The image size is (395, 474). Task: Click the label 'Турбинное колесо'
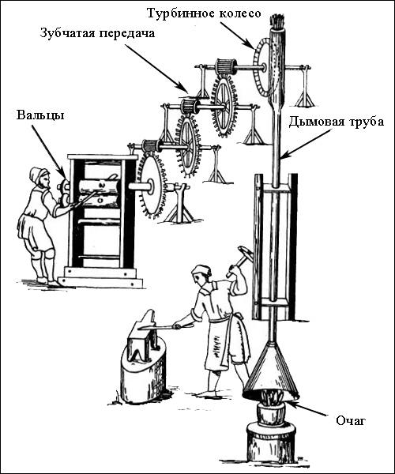[x=204, y=13]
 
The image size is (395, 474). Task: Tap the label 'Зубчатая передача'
[x=97, y=33]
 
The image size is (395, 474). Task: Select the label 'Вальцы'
[x=40, y=115]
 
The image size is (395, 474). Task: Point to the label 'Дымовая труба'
[x=336, y=122]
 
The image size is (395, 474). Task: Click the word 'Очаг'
[x=351, y=420]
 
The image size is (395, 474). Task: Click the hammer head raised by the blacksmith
[x=245, y=253]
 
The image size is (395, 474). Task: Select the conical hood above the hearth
[x=270, y=371]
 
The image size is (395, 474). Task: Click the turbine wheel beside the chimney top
[x=261, y=67]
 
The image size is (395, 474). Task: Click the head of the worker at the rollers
[x=39, y=177]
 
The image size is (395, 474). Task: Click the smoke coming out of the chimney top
[x=276, y=21]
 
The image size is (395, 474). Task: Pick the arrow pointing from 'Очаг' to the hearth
[x=307, y=408]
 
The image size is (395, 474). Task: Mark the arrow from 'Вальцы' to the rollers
[x=49, y=152]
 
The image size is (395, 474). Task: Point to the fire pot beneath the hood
[x=270, y=411]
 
